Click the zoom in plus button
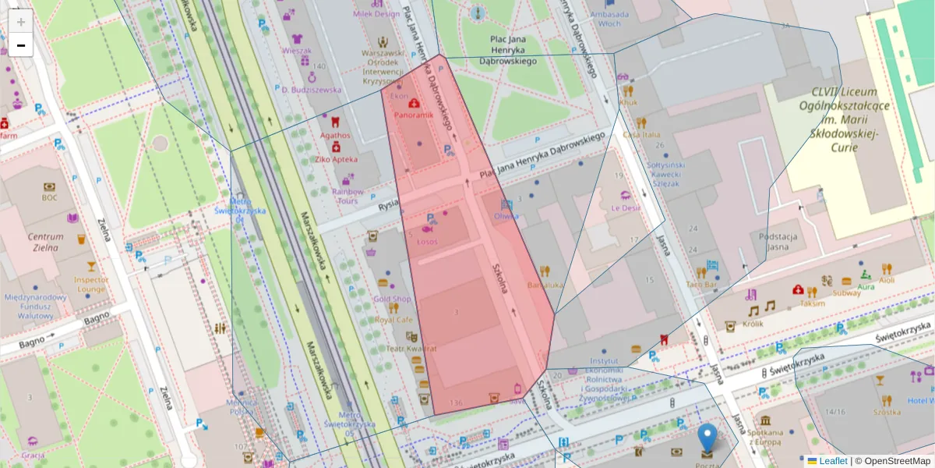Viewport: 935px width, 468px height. (21, 21)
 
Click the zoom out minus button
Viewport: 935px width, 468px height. (21, 45)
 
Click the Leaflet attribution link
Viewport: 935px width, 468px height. (833, 461)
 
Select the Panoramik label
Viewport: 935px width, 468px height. (413, 115)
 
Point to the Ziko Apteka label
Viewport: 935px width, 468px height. (337, 159)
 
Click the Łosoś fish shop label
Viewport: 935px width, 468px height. (427, 241)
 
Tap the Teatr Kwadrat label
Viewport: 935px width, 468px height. (411, 349)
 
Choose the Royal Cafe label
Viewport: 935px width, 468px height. (393, 319)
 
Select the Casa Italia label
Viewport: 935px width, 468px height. (641, 135)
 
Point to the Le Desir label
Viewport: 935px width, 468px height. (625, 208)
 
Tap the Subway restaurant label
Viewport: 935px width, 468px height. (846, 292)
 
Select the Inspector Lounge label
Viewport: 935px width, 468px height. (90, 284)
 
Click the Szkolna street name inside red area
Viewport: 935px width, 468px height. (500, 277)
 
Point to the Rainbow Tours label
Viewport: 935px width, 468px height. (348, 196)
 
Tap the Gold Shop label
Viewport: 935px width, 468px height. (391, 299)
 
